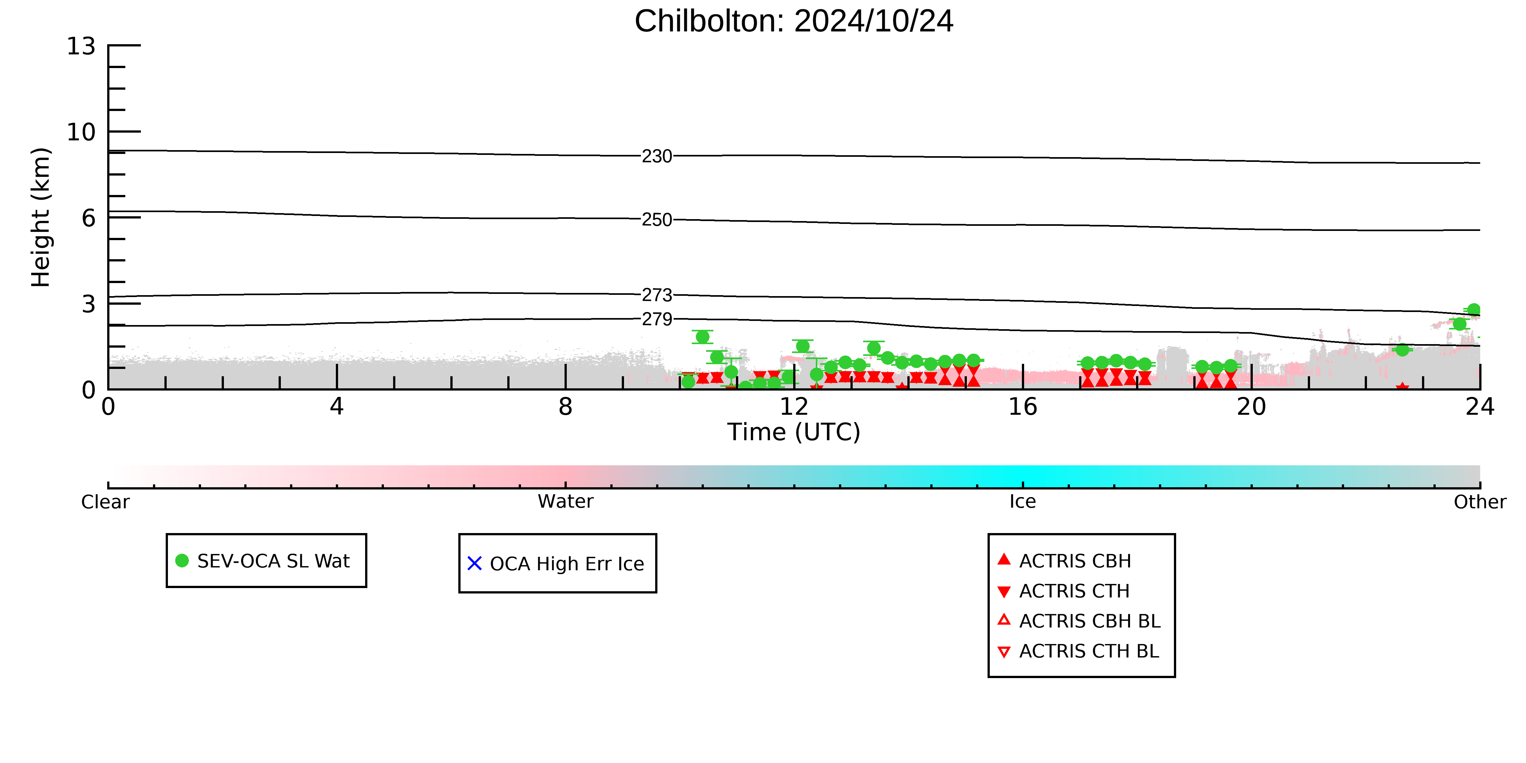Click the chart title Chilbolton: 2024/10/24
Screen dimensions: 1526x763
[794, 21]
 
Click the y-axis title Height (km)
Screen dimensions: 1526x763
[41, 218]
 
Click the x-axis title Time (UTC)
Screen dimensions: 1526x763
[794, 432]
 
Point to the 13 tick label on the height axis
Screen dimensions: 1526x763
[81, 46]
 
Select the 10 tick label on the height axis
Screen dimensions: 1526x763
[81, 132]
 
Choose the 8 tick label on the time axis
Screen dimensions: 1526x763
[566, 407]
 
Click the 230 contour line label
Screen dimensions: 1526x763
[657, 156]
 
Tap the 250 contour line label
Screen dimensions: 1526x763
[657, 220]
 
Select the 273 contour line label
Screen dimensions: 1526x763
[657, 295]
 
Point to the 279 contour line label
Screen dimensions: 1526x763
[657, 319]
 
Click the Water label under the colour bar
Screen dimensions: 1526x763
[566, 502]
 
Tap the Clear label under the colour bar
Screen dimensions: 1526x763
[106, 502]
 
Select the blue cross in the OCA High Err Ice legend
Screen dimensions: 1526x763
[475, 563]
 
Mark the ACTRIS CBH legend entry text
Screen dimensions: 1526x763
[1075, 561]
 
